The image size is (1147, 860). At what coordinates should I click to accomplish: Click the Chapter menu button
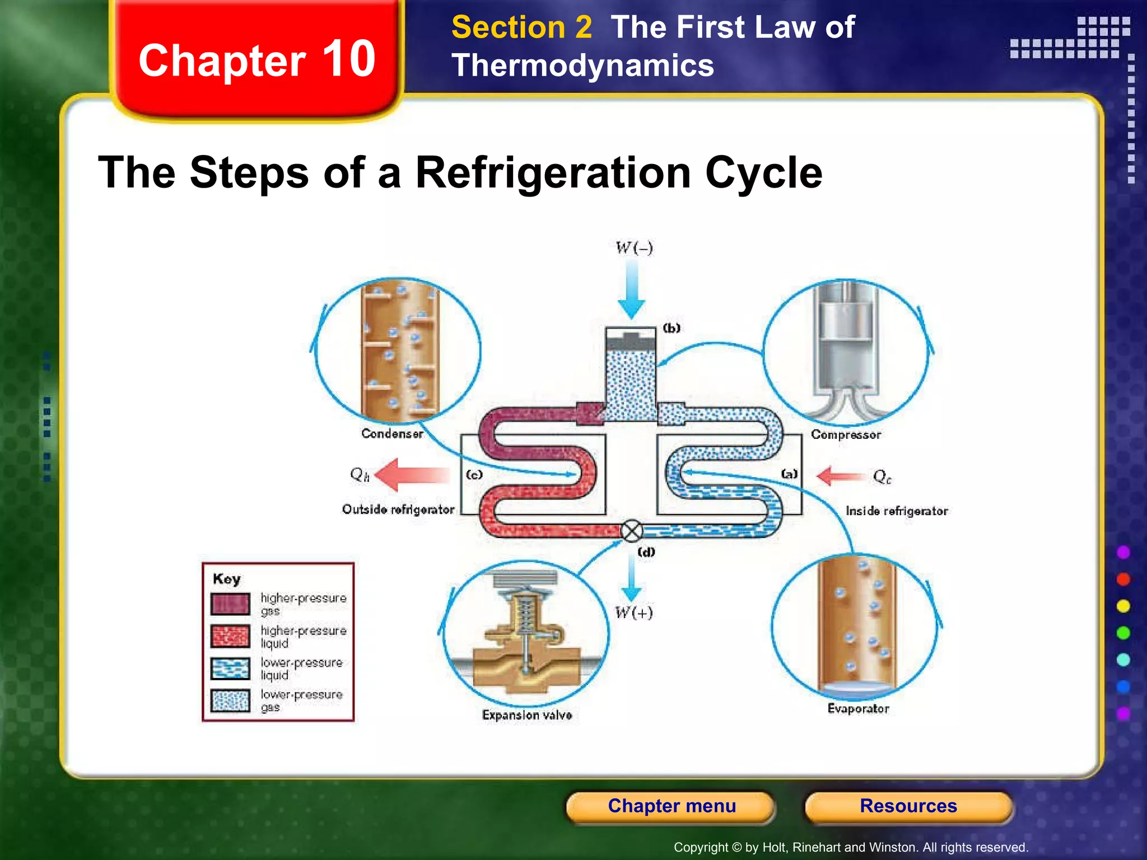click(x=671, y=806)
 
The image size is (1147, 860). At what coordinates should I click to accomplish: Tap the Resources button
click(x=908, y=806)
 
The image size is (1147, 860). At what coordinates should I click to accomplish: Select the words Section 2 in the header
click(x=521, y=27)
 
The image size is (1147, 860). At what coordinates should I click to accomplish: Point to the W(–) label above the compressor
click(x=634, y=247)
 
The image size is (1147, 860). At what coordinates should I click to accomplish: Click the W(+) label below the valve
click(x=633, y=613)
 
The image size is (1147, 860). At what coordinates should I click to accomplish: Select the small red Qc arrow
click(x=840, y=476)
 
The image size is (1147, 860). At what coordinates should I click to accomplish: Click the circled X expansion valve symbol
click(x=632, y=531)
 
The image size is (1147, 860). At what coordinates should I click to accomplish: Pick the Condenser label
click(x=392, y=433)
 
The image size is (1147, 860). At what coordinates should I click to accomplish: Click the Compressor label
click(x=846, y=434)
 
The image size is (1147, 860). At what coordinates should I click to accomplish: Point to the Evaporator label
click(x=858, y=709)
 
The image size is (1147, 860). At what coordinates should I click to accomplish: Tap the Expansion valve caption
click(x=527, y=715)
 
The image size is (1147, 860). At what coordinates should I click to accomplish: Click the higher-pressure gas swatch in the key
click(x=230, y=604)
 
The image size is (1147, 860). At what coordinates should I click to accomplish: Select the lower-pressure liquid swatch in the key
click(x=230, y=669)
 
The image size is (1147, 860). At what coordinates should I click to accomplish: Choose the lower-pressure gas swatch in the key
click(x=230, y=700)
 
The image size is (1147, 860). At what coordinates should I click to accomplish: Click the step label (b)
click(x=672, y=328)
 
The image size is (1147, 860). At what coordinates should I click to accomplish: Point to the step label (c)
click(x=474, y=475)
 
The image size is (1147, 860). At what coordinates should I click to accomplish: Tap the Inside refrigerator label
click(x=897, y=511)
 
